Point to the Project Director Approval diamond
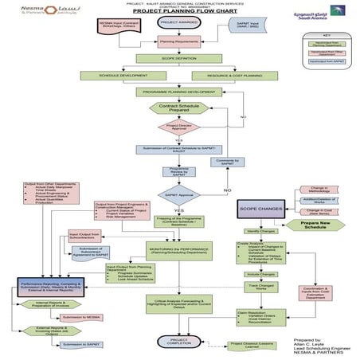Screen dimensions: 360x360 click(x=177, y=127)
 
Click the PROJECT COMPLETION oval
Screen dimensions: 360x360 click(x=177, y=340)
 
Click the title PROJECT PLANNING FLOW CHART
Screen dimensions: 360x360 click(x=177, y=13)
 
